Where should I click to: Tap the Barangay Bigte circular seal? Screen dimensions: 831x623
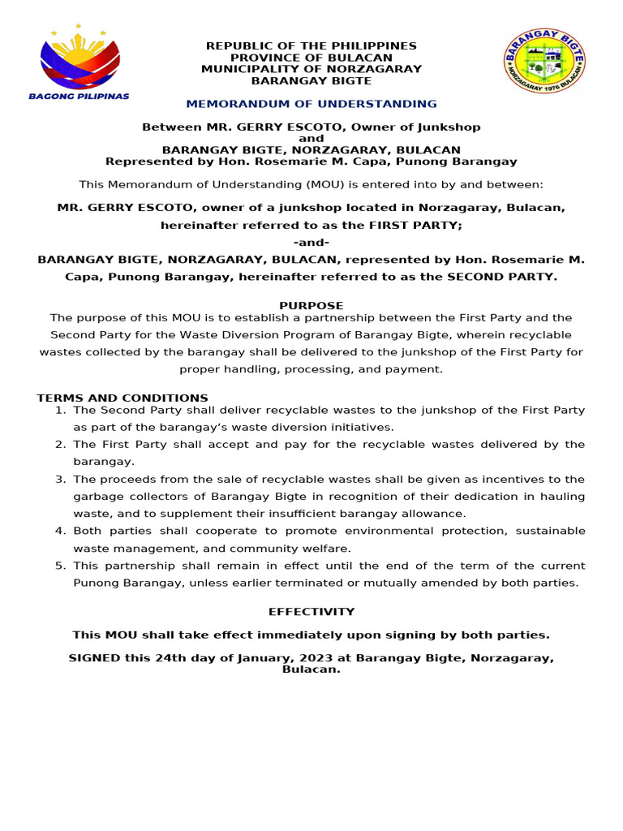tap(544, 62)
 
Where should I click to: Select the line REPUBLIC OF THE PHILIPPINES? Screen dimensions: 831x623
tap(311, 46)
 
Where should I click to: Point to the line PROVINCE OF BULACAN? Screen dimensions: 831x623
tap(311, 58)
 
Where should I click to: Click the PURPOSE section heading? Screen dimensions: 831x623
tap(311, 305)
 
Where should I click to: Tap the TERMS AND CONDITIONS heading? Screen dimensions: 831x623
tap(122, 398)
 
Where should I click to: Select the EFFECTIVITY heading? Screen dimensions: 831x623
tap(311, 612)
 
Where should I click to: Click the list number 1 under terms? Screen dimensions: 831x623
tap(60, 410)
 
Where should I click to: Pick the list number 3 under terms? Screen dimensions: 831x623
tap(60, 479)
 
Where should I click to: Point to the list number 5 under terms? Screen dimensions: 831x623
tap(60, 566)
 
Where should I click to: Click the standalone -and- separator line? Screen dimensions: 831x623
tap(311, 243)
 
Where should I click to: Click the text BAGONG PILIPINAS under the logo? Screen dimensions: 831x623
tap(79, 96)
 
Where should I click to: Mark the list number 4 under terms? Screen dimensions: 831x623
tap(60, 531)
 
